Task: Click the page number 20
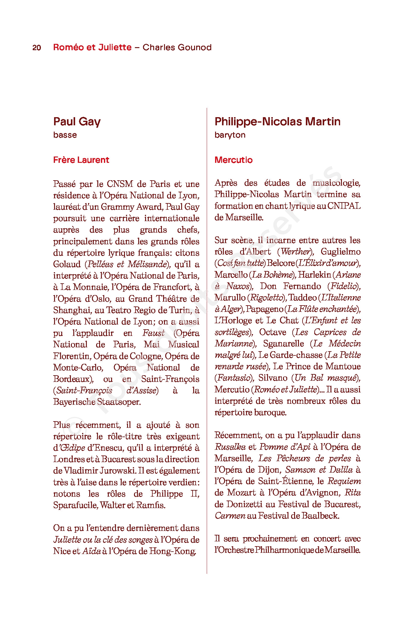coord(37,48)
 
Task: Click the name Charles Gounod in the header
coord(177,47)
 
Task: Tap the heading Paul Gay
coord(77,122)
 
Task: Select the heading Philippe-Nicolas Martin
coord(277,122)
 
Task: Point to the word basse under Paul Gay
coord(65,135)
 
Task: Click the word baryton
coord(230,135)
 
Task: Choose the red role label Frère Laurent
coord(81,160)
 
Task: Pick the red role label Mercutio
coord(233,160)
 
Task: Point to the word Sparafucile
coord(75,505)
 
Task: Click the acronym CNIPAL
coord(344,206)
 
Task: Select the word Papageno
coord(264,309)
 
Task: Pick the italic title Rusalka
coord(230,447)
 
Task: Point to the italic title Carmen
coord(230,516)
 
